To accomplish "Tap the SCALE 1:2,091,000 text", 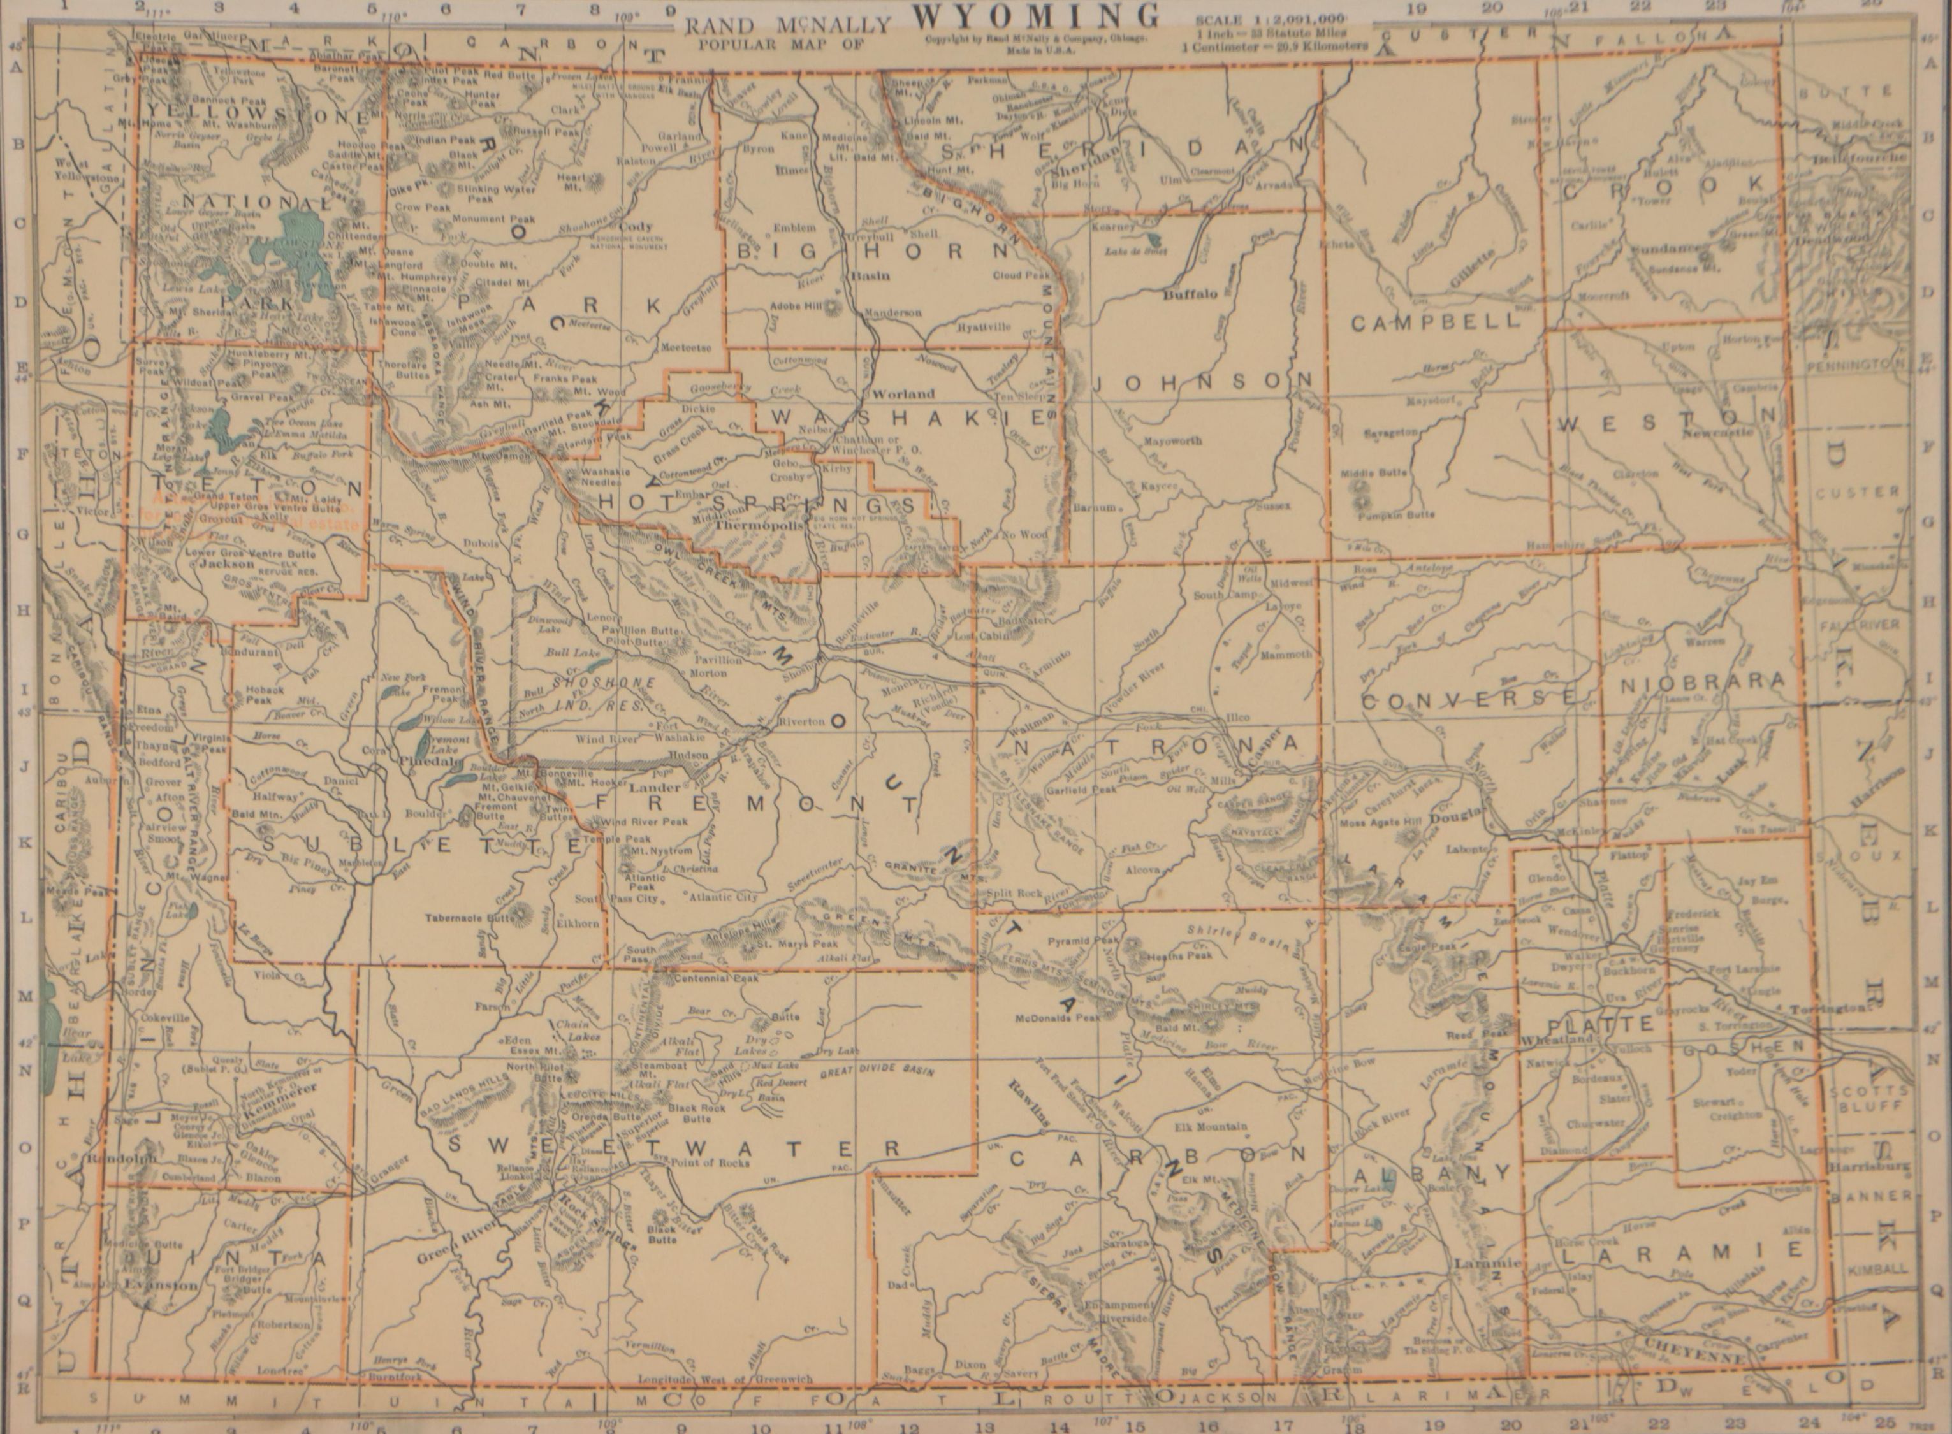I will pyautogui.click(x=1269, y=19).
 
